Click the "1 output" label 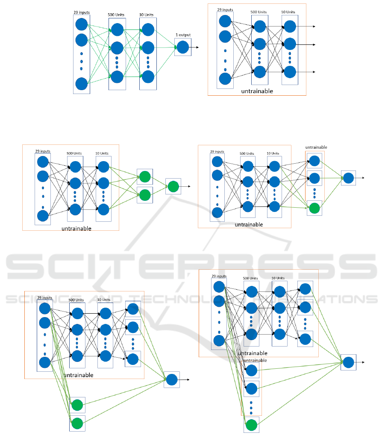pyautogui.click(x=183, y=35)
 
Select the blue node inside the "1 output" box pyautogui.click(x=183, y=47)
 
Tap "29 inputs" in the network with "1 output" pyautogui.click(x=81, y=13)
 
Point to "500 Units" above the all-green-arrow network pyautogui.click(x=117, y=15)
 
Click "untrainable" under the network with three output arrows pyautogui.click(x=257, y=91)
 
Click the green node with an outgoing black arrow pyautogui.click(x=173, y=187)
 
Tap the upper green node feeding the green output pyautogui.click(x=145, y=176)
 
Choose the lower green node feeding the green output pyautogui.click(x=145, y=195)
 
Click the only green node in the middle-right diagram pyautogui.click(x=314, y=209)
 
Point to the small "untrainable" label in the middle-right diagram pyautogui.click(x=316, y=147)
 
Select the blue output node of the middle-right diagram pyautogui.click(x=348, y=178)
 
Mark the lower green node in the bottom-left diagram pyautogui.click(x=77, y=423)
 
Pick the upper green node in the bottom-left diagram pyautogui.click(x=77, y=405)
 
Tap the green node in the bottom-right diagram pyautogui.click(x=252, y=425)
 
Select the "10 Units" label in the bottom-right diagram pyautogui.click(x=277, y=278)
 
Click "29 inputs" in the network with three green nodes pyautogui.click(x=42, y=151)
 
